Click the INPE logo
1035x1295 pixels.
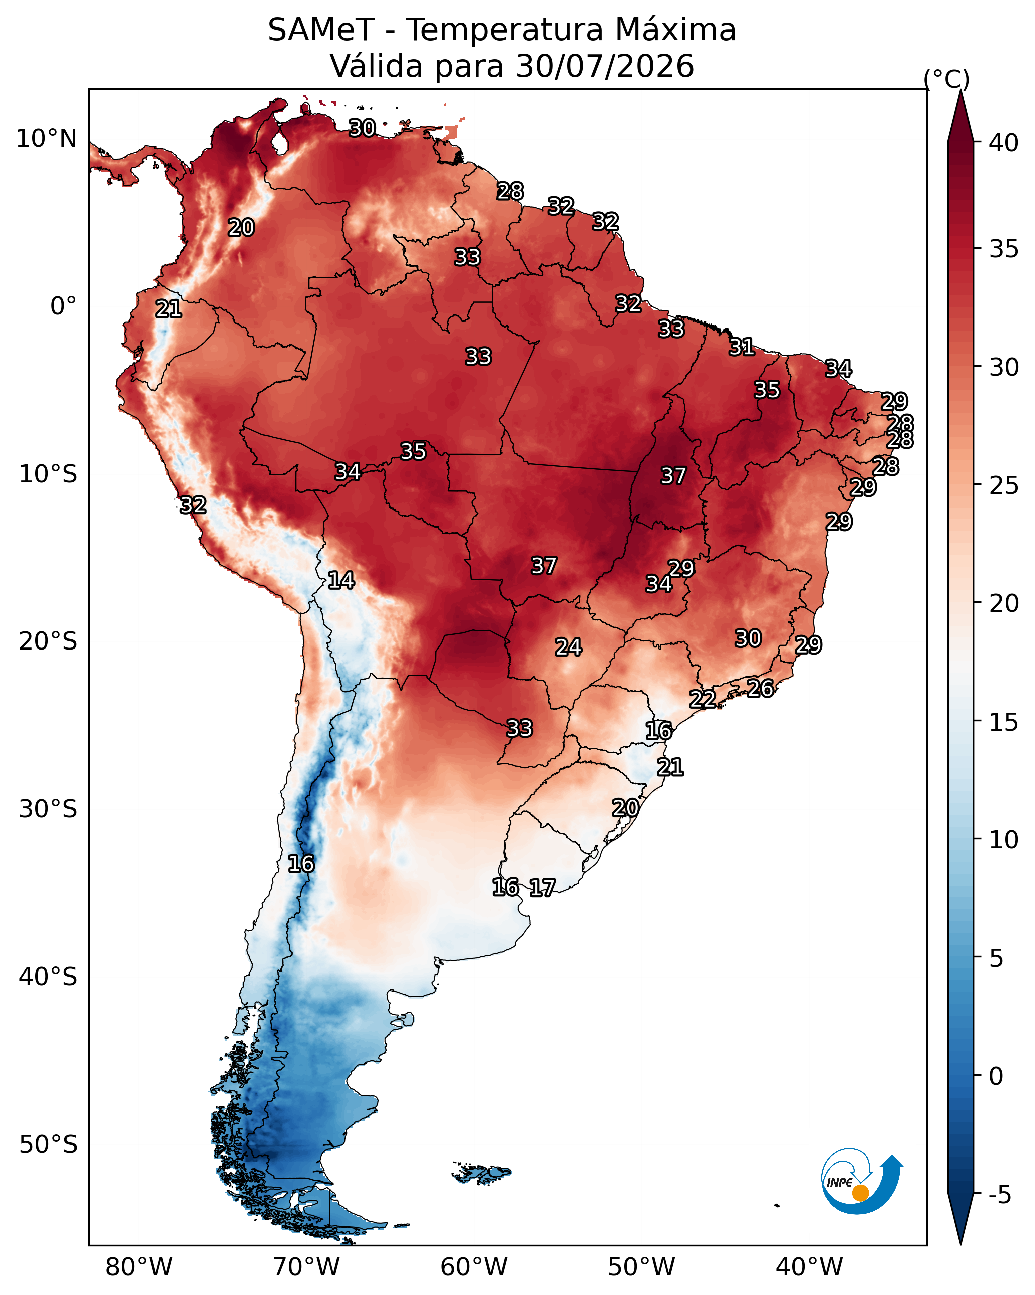tap(862, 1182)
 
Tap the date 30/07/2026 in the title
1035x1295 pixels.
tap(605, 66)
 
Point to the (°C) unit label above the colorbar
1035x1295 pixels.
tap(947, 79)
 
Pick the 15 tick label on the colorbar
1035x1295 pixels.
tap(1004, 722)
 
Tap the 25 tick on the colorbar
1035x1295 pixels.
tap(1004, 485)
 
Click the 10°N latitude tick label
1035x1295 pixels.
tap(46, 139)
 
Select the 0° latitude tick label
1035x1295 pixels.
tap(64, 306)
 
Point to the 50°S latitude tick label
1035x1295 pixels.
tap(48, 1145)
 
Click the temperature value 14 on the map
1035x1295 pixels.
tap(341, 580)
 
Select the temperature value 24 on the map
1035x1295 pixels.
tap(568, 647)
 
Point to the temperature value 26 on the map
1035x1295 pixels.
tap(761, 688)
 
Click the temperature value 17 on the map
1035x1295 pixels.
tap(542, 888)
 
